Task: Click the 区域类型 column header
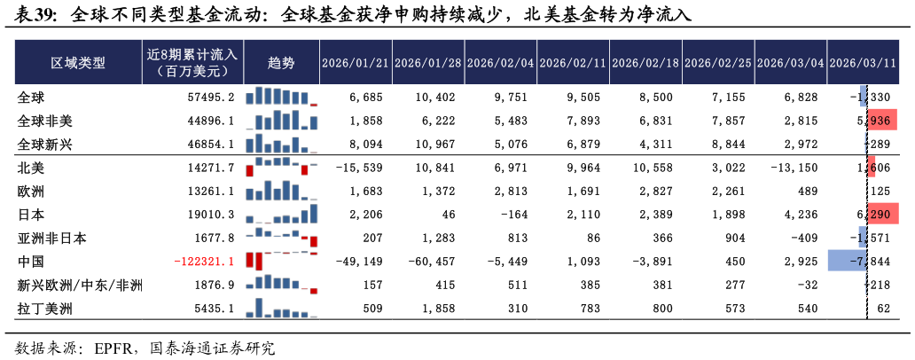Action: click(x=78, y=63)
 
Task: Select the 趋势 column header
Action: click(x=281, y=63)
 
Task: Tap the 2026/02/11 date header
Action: click(x=574, y=63)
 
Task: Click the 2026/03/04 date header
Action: click(x=791, y=63)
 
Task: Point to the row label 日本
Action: click(x=31, y=215)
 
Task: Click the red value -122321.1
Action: click(x=205, y=262)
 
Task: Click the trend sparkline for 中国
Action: click(x=281, y=260)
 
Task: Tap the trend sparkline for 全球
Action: click(x=281, y=97)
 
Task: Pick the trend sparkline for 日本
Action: click(x=281, y=215)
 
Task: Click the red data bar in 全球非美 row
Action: click(x=883, y=121)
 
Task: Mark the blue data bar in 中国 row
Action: click(x=846, y=260)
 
